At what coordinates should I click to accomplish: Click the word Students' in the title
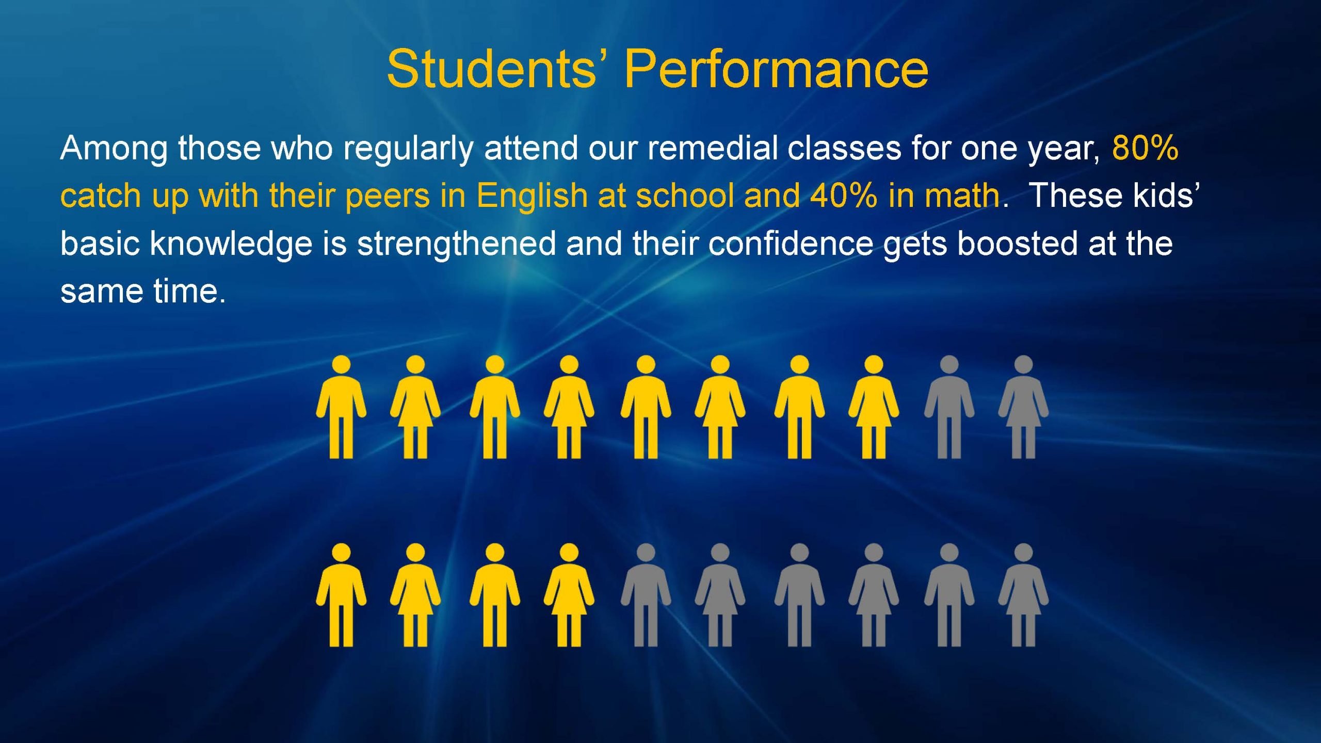point(498,69)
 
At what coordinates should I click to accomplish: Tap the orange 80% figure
point(1145,148)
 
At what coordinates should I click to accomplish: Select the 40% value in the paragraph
point(843,196)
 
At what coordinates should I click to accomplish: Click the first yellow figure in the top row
point(341,407)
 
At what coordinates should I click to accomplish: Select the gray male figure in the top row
point(949,407)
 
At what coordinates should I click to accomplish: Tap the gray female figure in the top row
point(1023,407)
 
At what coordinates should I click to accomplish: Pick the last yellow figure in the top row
point(874,407)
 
